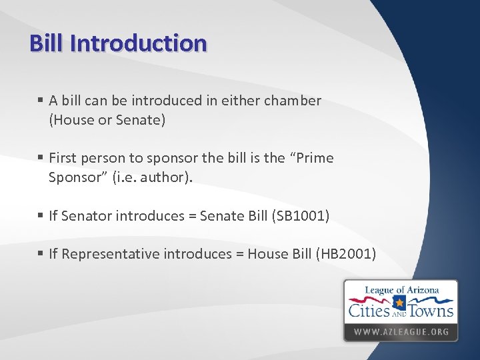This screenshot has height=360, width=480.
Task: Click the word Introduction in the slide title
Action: (x=138, y=43)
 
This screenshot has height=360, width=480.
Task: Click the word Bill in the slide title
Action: (x=47, y=43)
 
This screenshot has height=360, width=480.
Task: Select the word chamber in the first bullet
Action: (x=291, y=101)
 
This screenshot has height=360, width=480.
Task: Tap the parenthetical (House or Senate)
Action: (x=107, y=121)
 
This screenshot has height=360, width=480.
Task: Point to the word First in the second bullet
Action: (x=63, y=159)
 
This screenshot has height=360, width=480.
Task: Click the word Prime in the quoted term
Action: (x=313, y=159)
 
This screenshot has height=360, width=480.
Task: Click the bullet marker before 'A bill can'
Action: (x=41, y=101)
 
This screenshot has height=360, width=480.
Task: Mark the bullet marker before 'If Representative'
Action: (x=41, y=254)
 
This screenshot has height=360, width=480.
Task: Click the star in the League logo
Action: (x=400, y=303)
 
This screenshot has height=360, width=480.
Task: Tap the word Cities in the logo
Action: (x=369, y=310)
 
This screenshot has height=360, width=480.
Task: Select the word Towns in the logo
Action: (x=431, y=310)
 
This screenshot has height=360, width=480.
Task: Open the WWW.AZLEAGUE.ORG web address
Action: (x=401, y=331)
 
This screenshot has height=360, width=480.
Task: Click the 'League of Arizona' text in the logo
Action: (x=401, y=291)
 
